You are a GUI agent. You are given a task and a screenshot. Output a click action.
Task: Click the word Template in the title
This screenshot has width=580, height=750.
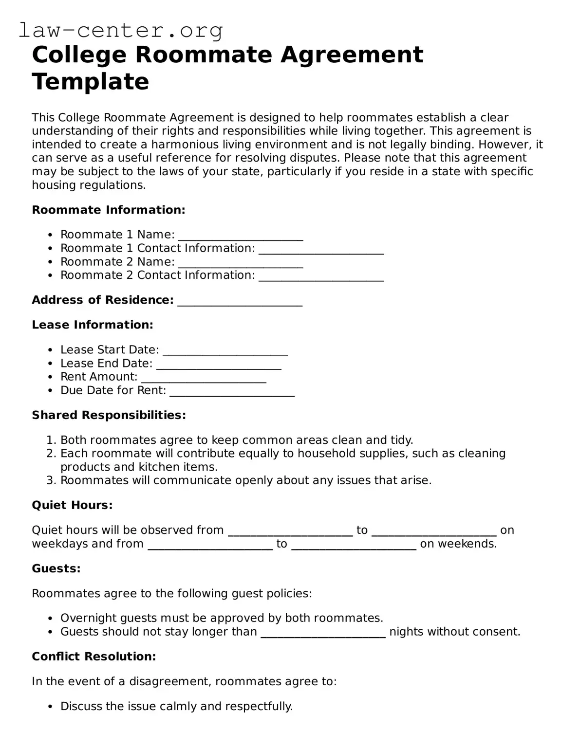point(90,81)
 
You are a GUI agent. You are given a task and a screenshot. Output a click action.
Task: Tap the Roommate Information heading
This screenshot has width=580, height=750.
point(108,210)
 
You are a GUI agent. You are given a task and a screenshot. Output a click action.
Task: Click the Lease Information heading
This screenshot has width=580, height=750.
point(93,325)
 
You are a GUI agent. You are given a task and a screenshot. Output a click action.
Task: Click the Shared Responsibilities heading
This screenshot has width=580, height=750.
point(109,415)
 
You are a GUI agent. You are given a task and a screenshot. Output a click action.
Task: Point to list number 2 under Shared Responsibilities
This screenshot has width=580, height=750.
point(51,454)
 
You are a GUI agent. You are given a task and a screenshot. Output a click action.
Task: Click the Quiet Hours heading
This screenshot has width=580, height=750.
point(72,505)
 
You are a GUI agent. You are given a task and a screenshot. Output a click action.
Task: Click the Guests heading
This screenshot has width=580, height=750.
point(56,568)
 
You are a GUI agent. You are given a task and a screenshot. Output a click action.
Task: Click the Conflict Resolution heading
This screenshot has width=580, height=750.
point(94,657)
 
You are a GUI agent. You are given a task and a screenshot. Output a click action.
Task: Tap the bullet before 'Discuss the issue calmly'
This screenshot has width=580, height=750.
point(51,707)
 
